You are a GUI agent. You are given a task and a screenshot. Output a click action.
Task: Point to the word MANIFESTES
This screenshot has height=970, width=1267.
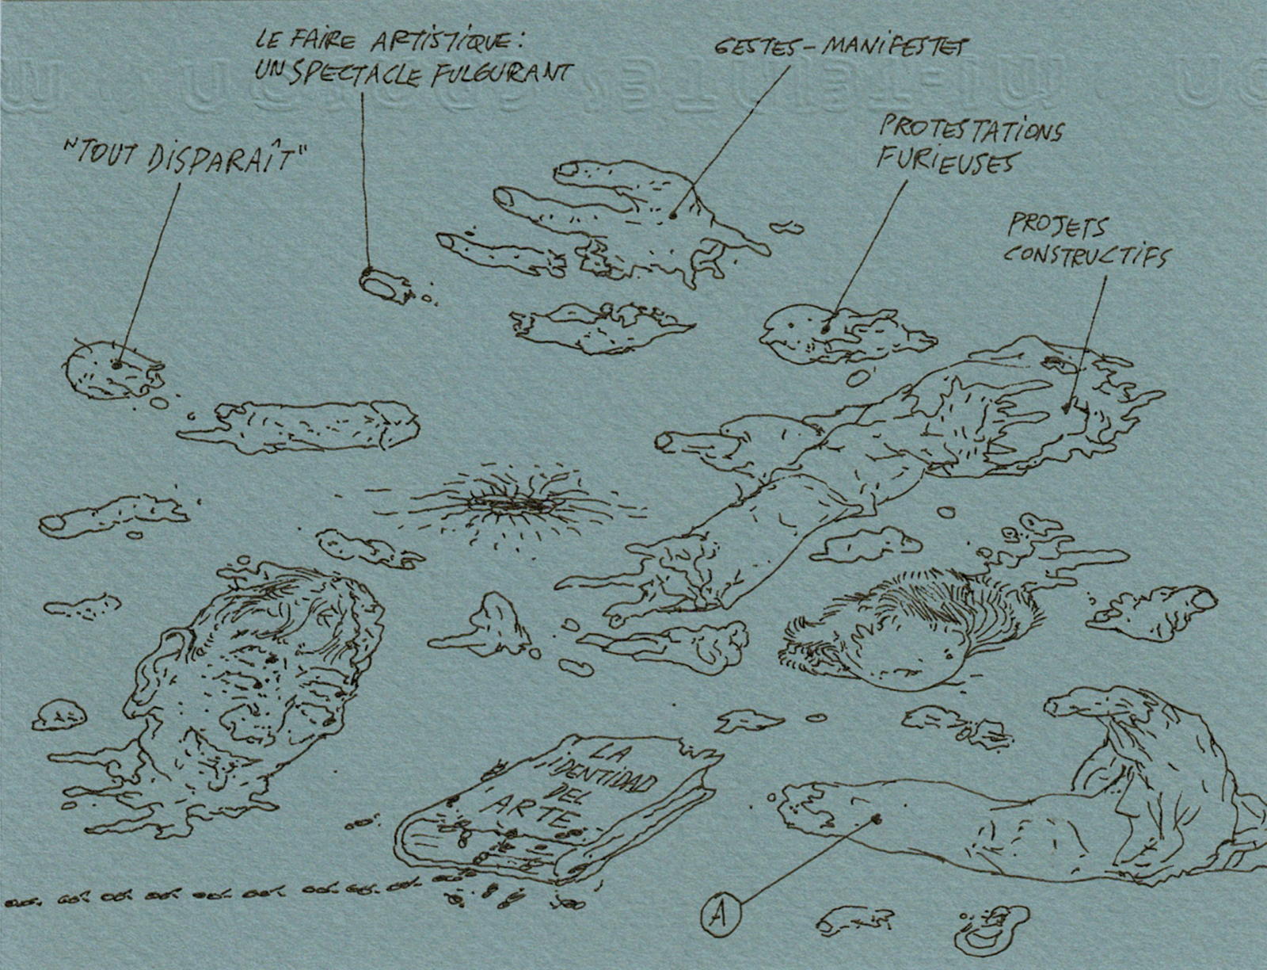pyautogui.click(x=894, y=46)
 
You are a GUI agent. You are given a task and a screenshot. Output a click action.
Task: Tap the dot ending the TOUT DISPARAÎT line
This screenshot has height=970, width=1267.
pyautogui.click(x=116, y=365)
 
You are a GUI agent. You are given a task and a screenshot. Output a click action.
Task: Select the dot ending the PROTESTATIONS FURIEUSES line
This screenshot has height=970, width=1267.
pyautogui.click(x=825, y=326)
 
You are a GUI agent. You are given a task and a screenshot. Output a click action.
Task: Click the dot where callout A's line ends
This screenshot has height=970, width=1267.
pyautogui.click(x=877, y=819)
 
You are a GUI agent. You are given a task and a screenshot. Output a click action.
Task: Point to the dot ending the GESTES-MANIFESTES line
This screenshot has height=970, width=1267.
pyautogui.click(x=672, y=214)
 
